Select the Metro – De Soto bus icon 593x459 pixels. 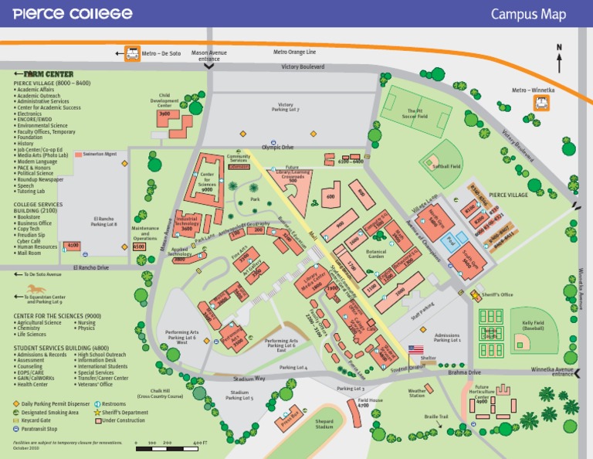[132, 53]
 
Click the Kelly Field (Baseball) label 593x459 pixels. [533, 325]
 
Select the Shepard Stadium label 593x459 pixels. [324, 424]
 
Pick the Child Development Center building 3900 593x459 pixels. [164, 114]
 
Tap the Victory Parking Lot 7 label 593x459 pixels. [286, 107]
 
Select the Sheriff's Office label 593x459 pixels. [497, 294]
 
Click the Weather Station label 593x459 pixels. [417, 393]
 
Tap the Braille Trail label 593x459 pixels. [436, 416]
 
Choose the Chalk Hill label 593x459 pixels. [161, 393]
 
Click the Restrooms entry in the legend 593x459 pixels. [113, 403]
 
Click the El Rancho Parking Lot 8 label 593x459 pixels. [104, 222]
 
